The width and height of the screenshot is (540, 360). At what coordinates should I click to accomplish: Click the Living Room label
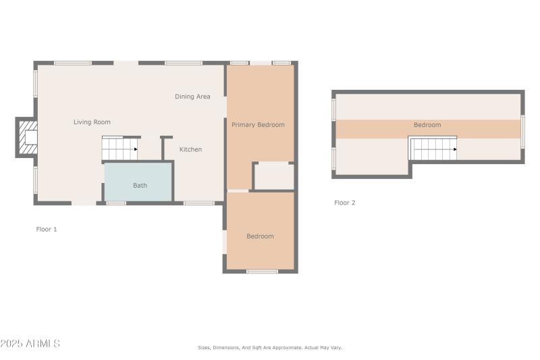[x=92, y=122]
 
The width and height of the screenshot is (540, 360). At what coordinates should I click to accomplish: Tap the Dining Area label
[x=192, y=97]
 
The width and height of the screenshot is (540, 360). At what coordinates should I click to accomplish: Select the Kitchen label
[x=190, y=149]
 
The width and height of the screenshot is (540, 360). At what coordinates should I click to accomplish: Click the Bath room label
[x=140, y=185]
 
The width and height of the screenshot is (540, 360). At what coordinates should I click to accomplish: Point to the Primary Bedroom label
[x=258, y=125]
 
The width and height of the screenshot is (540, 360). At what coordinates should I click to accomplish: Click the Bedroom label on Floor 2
[x=427, y=125]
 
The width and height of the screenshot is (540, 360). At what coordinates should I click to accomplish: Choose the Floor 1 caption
[x=47, y=230]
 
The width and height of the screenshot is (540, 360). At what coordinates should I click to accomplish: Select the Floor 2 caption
[x=344, y=203]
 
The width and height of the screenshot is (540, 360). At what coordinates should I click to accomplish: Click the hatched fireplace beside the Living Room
[x=28, y=137]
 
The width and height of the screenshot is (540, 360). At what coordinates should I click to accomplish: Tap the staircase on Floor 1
[x=119, y=149]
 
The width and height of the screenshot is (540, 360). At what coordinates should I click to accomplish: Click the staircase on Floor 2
[x=433, y=149]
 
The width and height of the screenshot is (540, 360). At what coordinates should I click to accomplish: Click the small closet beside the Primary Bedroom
[x=274, y=177]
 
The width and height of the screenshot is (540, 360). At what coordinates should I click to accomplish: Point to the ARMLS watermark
[x=30, y=344]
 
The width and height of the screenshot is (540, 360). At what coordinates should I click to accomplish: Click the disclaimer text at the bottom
[x=269, y=348]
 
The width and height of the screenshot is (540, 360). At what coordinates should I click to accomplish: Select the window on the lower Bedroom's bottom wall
[x=262, y=272]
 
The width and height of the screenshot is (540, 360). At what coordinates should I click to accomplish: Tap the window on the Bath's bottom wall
[x=116, y=203]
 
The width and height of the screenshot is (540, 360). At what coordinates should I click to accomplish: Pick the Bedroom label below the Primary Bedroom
[x=260, y=236]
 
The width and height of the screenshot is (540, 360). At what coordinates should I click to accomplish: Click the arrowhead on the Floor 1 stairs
[x=135, y=149]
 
